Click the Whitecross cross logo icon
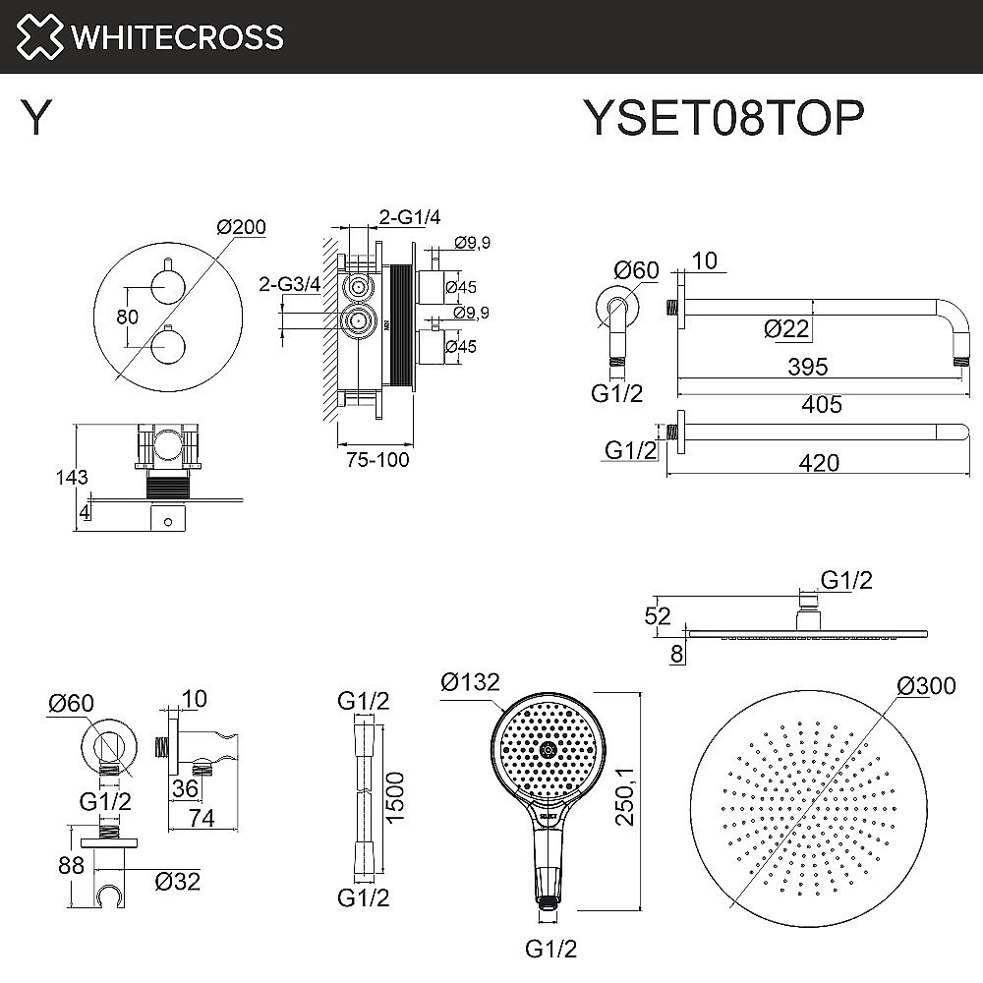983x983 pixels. tap(39, 36)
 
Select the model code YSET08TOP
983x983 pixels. tap(724, 117)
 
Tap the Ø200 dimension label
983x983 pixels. tap(242, 226)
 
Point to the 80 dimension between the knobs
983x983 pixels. tap(127, 317)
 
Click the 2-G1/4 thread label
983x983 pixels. tap(410, 217)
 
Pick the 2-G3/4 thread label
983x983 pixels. tap(290, 284)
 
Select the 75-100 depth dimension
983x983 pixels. tap(377, 459)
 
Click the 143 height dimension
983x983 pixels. tap(72, 478)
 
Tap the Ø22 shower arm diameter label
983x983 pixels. tap(786, 328)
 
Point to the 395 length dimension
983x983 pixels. tap(808, 367)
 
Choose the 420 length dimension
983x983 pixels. tap(819, 463)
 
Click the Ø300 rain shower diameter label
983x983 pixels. tap(927, 686)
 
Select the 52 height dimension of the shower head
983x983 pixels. tap(657, 616)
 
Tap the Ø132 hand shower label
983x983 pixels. tap(470, 681)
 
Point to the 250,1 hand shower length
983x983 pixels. tap(625, 797)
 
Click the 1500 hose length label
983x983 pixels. tap(394, 797)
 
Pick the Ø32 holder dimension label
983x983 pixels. tap(177, 882)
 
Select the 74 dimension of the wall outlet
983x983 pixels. tap(202, 818)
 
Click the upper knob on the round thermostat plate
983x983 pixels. tap(167, 286)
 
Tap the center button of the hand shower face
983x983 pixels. tap(548, 749)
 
